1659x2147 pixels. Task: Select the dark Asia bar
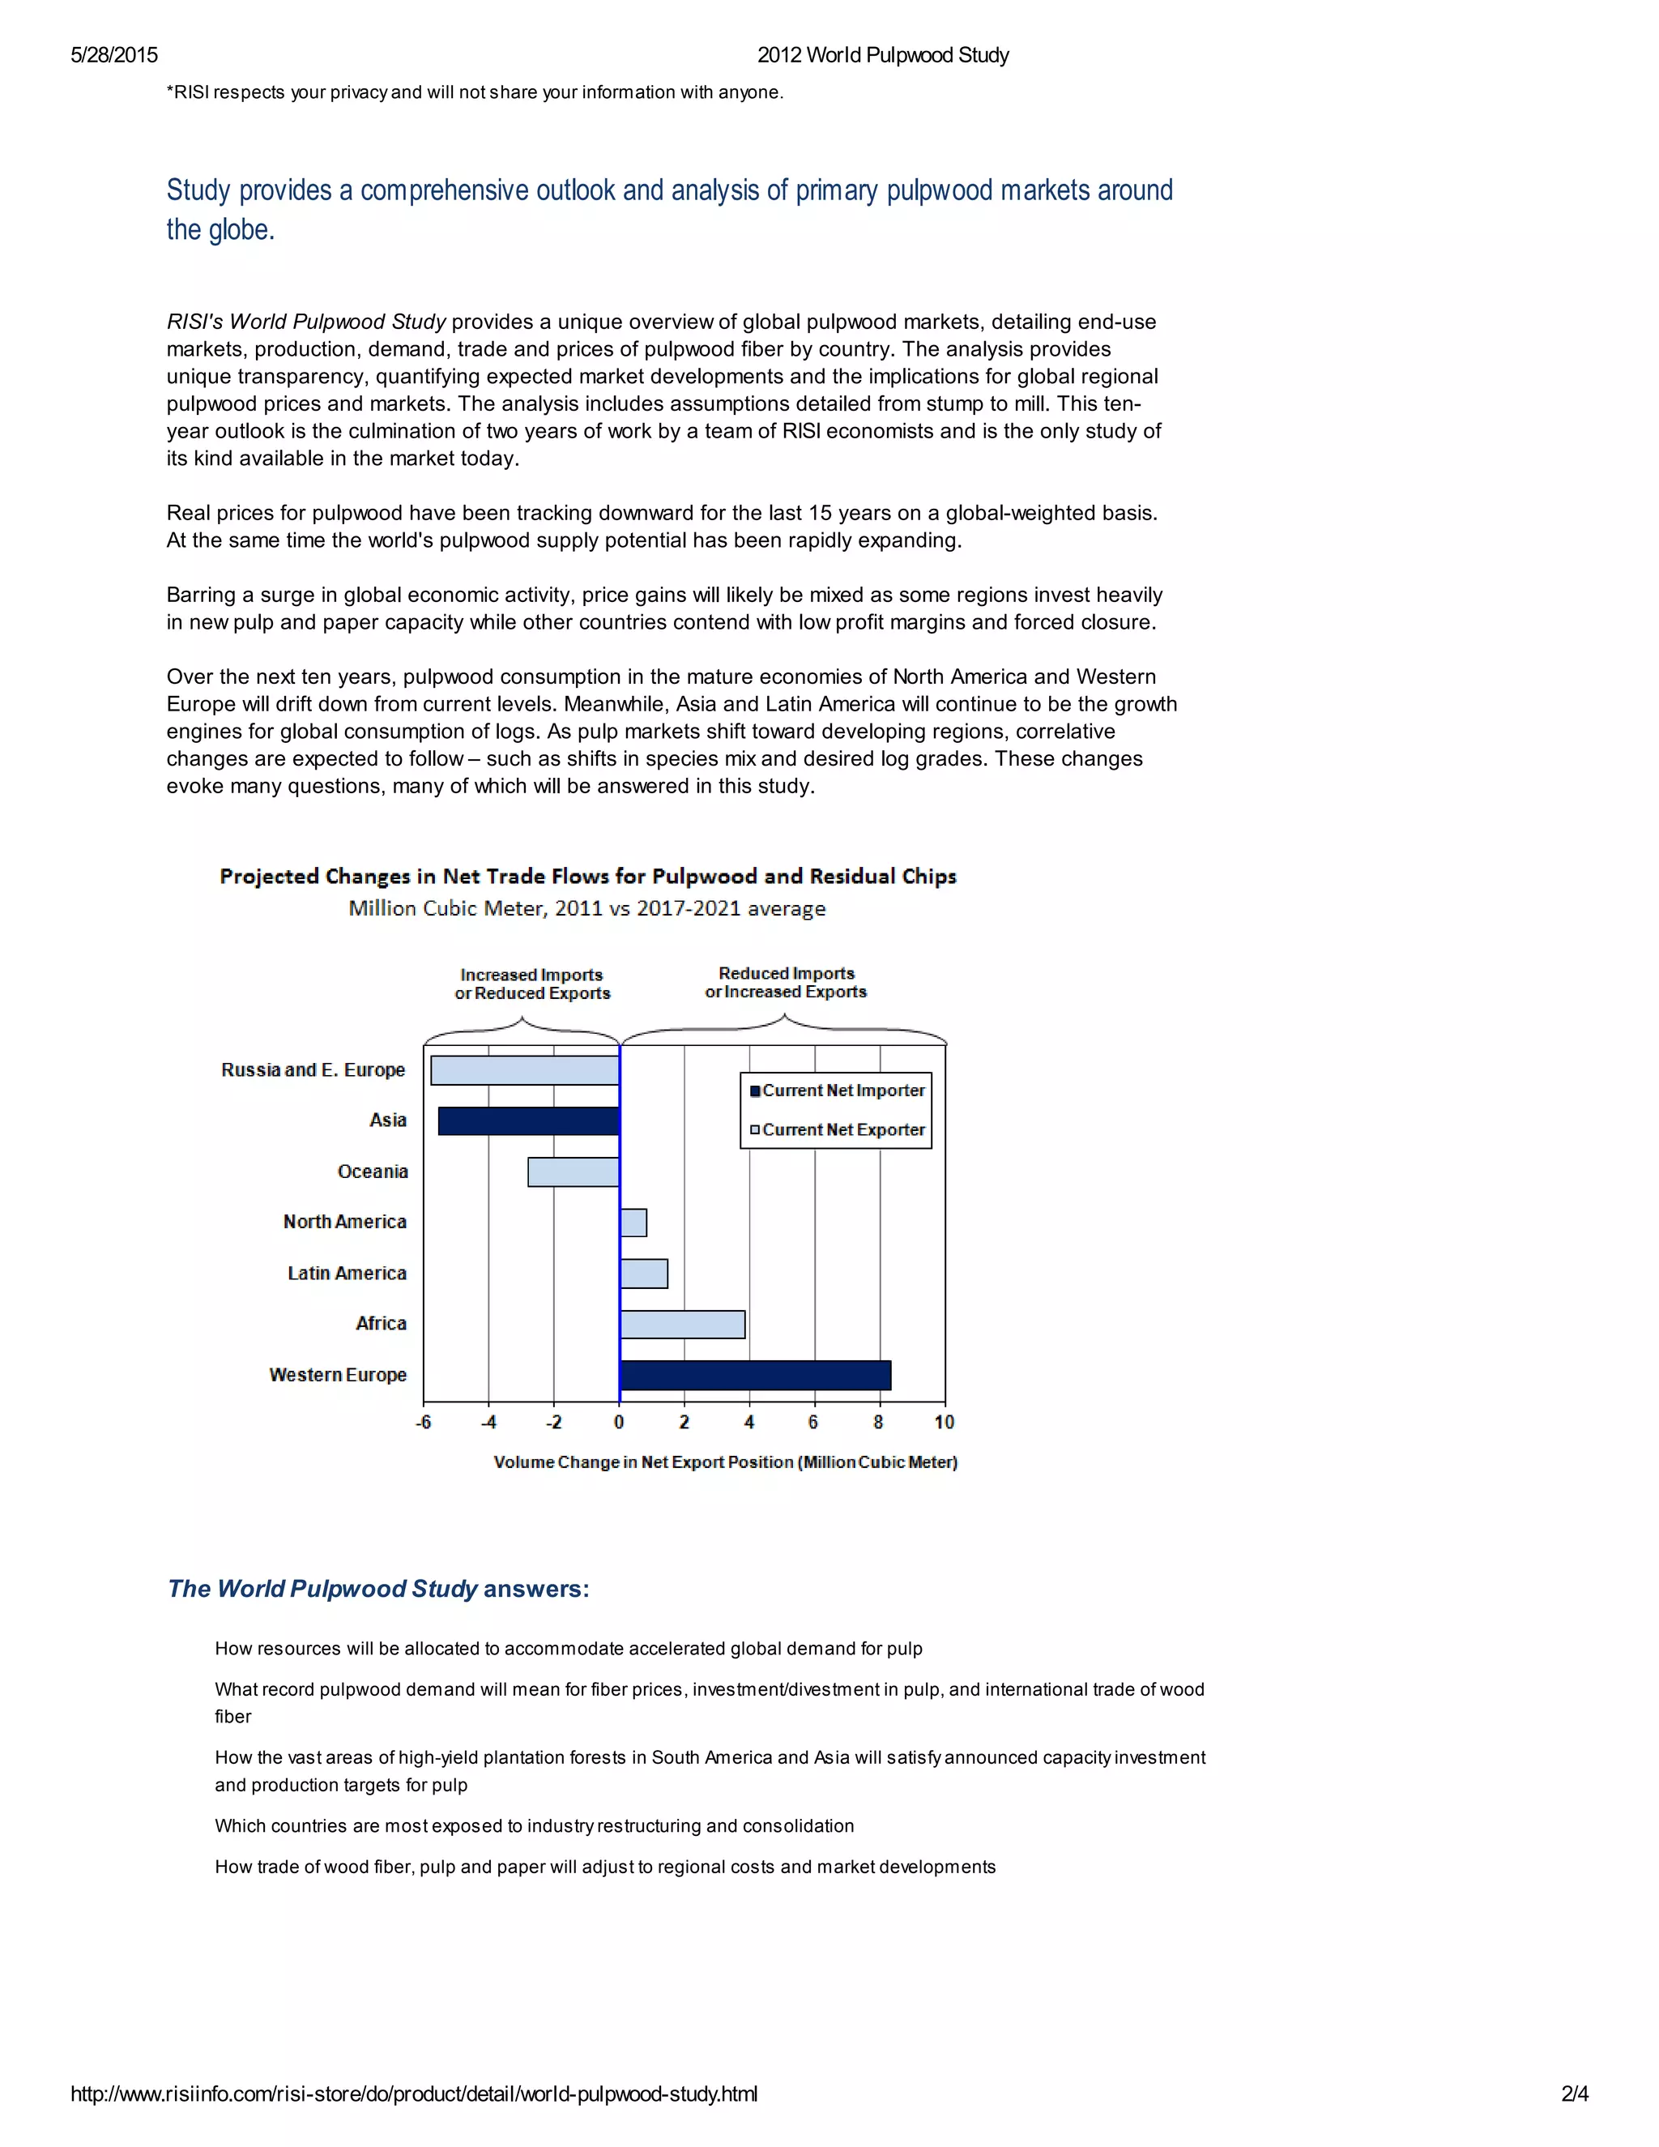tap(529, 1120)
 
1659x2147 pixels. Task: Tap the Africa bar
tap(682, 1324)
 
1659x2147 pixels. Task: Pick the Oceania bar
tap(573, 1172)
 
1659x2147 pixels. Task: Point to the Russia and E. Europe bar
tap(525, 1070)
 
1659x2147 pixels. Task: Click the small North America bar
tap(633, 1223)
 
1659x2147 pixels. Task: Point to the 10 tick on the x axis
tap(944, 1423)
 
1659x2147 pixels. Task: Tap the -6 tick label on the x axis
tap(424, 1423)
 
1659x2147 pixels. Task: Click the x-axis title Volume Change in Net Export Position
tap(725, 1462)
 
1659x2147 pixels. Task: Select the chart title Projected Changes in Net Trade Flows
tap(588, 876)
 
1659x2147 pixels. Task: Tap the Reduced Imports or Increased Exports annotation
tap(785, 982)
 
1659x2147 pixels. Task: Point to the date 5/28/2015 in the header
tap(114, 55)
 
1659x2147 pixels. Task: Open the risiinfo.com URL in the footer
tap(414, 2093)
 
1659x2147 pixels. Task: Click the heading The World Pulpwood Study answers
tap(378, 1589)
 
